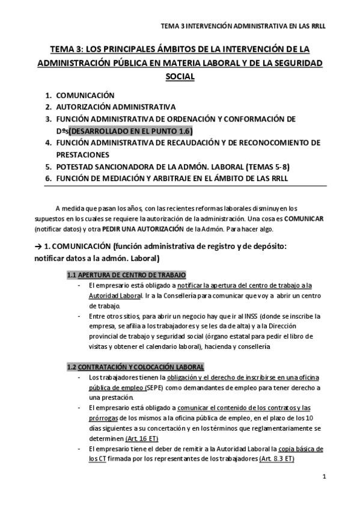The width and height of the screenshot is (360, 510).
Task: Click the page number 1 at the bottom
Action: tap(324, 478)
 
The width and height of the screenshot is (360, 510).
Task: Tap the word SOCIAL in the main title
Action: tap(180, 77)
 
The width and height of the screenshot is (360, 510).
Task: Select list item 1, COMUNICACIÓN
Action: tap(85, 96)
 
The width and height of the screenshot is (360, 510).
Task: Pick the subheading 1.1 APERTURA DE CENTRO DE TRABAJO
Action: tap(126, 275)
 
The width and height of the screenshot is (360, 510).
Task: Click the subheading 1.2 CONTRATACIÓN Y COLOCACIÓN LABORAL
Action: tap(136, 367)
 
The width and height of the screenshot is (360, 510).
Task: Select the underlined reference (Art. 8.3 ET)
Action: tap(276, 459)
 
